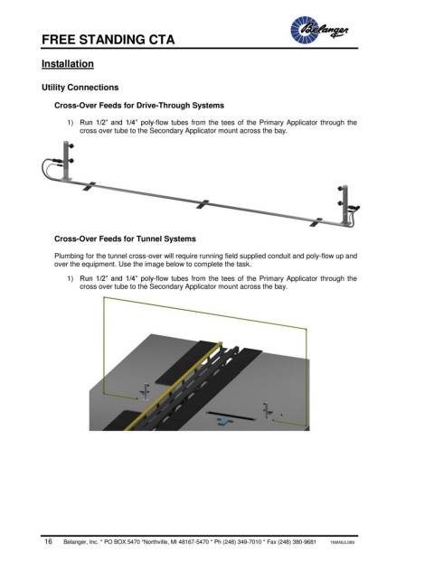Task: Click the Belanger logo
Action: (x=319, y=30)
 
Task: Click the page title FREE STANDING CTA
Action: (x=108, y=40)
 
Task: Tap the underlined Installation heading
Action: (x=68, y=63)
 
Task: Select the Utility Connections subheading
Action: (x=80, y=88)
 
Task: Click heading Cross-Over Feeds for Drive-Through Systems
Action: (x=139, y=106)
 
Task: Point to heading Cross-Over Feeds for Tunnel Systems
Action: (x=125, y=238)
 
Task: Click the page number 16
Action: (x=48, y=541)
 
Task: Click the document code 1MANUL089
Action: (x=343, y=542)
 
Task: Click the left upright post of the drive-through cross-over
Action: (x=66, y=161)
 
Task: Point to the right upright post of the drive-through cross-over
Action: (x=344, y=205)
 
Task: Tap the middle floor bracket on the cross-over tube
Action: (x=203, y=204)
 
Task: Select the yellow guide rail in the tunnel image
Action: (x=172, y=387)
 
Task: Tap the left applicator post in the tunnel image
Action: (x=146, y=392)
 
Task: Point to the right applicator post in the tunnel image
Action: (x=265, y=410)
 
